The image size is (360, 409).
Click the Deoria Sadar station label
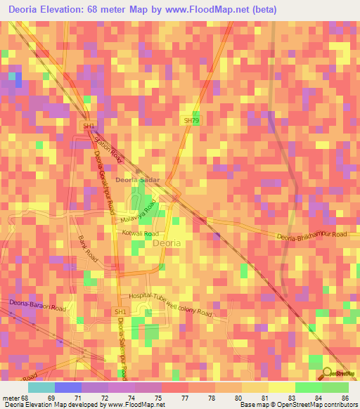click(x=138, y=180)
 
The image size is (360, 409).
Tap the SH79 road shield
click(x=191, y=121)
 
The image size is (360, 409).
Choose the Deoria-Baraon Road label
click(x=37, y=306)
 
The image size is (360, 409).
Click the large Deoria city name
click(x=167, y=243)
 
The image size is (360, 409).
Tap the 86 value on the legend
click(x=345, y=398)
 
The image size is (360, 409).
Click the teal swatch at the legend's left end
click(x=41, y=387)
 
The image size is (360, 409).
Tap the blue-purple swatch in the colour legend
click(x=67, y=387)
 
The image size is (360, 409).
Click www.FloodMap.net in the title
click(x=216, y=10)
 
